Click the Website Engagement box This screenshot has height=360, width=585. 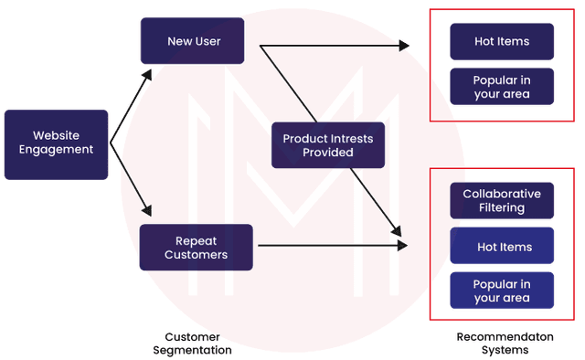tap(56, 143)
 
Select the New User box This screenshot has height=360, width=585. tap(192, 41)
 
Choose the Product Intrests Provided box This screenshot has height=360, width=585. tap(327, 145)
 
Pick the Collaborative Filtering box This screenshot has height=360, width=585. tap(502, 201)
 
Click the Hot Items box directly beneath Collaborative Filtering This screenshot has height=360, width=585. tap(502, 247)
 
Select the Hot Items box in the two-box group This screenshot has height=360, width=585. tap(502, 42)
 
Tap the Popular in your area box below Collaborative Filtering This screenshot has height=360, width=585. tap(502, 291)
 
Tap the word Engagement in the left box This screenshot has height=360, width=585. tap(56, 150)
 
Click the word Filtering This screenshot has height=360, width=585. tap(502, 208)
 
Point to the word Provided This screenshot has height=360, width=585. tap(328, 153)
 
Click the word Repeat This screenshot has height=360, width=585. tap(196, 240)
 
